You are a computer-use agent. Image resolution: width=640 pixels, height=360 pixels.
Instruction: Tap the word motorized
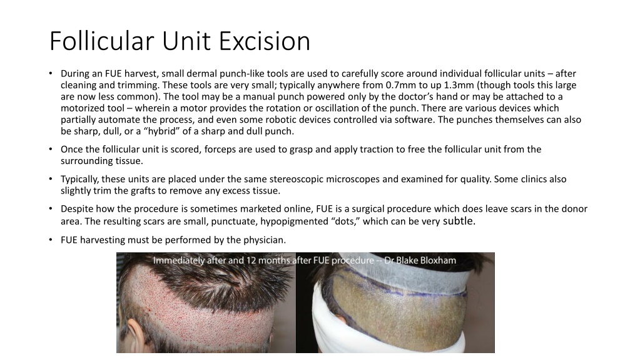pyautogui.click(x=82, y=108)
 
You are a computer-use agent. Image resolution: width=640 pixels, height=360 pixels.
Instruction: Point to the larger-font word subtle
pyautogui.click(x=460, y=220)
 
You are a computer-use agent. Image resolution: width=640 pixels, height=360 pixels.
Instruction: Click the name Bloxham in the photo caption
pyautogui.click(x=435, y=260)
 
